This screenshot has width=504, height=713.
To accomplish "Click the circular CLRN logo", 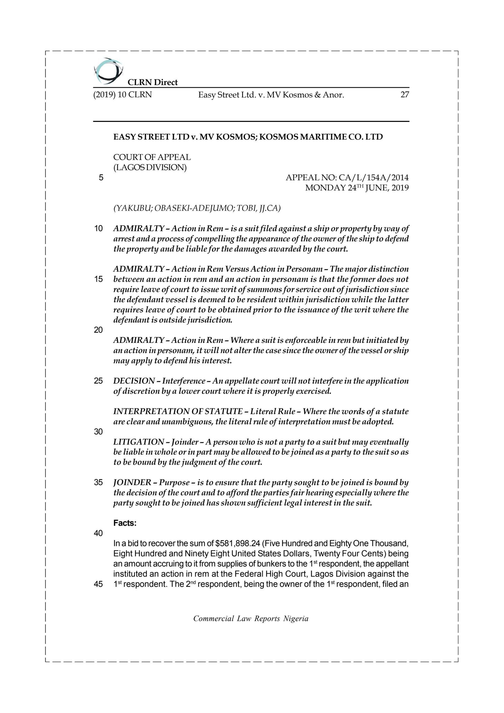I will pos(108,71).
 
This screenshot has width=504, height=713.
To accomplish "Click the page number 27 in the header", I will pos(405,95).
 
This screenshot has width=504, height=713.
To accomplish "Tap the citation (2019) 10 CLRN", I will pos(122,95).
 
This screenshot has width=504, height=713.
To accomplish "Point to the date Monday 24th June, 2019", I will pos(357,188).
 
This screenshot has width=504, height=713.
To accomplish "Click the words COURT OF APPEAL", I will pos(152,157).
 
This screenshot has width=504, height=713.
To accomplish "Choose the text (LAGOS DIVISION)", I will pos(150,167).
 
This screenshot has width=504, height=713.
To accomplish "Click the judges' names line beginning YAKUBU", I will pos(197,208).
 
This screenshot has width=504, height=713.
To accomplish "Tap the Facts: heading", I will pos(125,523).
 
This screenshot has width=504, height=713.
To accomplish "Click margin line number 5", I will pos(101,178).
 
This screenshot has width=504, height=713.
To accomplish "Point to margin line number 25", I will pos(99,381).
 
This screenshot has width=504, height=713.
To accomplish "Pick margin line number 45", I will pos(99,584).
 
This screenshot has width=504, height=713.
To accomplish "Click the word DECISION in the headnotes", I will pos(134,381).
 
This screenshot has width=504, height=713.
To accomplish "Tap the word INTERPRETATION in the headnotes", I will pos(151,411).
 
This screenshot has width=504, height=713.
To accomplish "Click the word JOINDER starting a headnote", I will pos(132,482).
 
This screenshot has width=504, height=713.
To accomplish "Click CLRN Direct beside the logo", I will pos(153,82).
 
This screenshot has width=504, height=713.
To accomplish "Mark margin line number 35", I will pos(99,482).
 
